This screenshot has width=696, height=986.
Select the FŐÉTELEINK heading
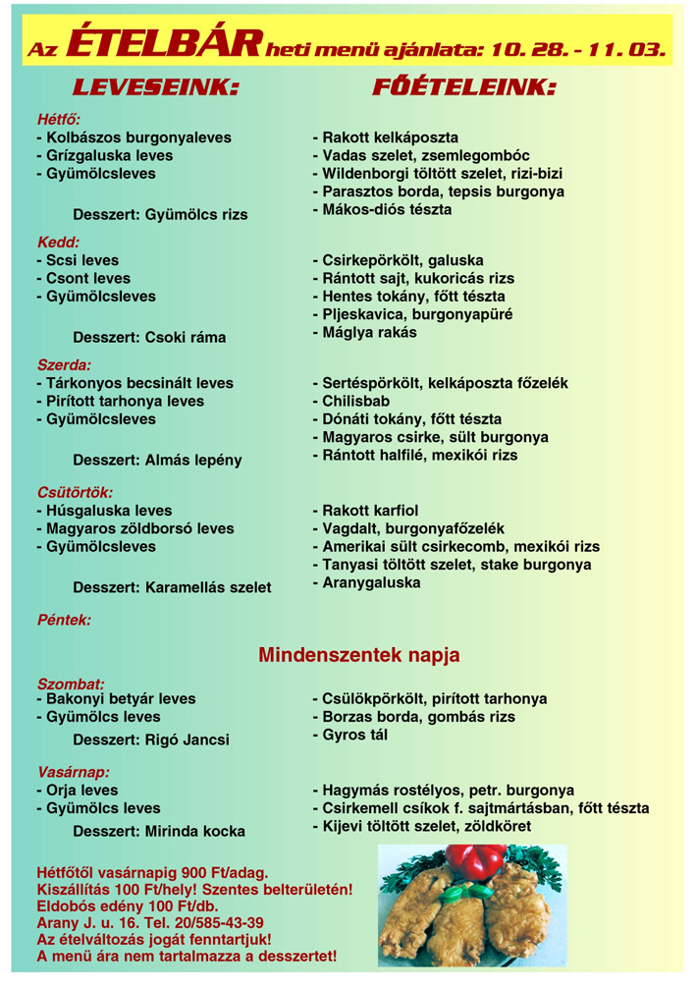463,87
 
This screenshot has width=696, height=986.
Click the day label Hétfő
59,120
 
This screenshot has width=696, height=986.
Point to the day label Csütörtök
75,492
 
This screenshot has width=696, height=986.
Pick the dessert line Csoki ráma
149,338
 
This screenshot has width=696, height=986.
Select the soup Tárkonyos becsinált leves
134,383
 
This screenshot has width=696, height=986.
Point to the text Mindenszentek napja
359,654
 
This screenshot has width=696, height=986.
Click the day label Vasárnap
73,772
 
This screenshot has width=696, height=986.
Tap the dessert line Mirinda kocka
159,831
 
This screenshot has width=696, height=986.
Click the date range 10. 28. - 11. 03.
578,47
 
